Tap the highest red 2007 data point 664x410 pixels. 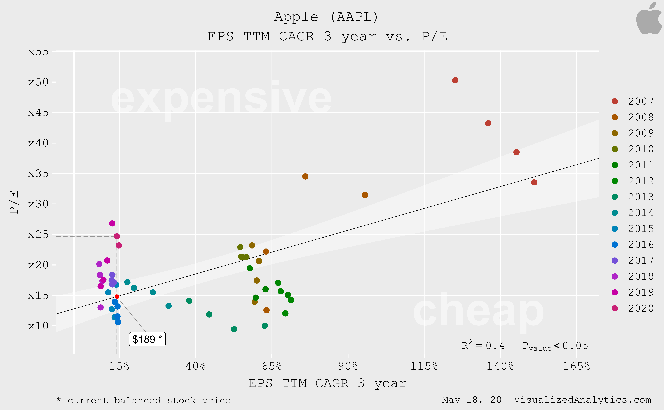(455, 80)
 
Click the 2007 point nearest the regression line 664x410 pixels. (534, 182)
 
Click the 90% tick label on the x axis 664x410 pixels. (348, 366)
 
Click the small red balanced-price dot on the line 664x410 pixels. (117, 296)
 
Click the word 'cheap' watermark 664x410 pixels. (478, 310)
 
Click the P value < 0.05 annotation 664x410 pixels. (555, 346)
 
